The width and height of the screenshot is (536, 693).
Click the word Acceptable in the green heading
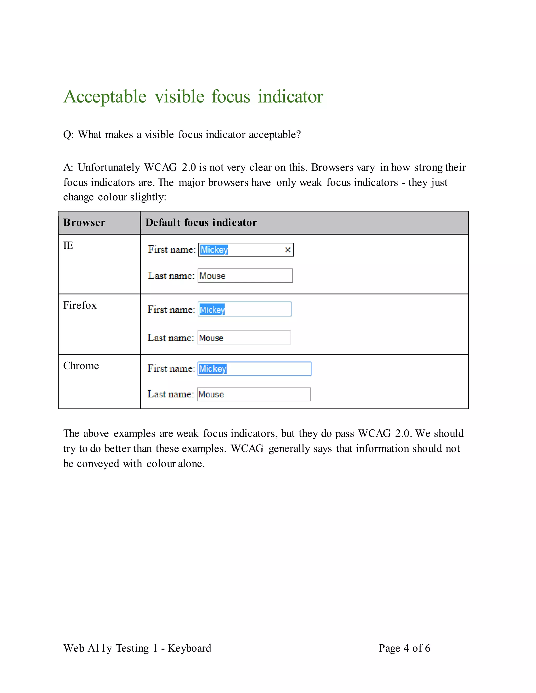105,96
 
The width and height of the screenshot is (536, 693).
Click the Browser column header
84,223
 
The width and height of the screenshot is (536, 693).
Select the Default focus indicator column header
201,223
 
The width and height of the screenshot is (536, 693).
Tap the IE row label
68,246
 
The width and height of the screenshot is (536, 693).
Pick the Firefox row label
80,305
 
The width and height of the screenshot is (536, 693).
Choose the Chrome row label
81,366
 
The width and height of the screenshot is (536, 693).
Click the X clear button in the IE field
288,250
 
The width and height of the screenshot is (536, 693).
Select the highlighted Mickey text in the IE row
214,250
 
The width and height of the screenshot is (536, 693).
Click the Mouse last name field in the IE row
245,276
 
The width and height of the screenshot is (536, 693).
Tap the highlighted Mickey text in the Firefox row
212,310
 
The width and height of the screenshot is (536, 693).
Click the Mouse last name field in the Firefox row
244,338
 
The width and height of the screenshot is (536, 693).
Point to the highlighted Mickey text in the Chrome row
213,369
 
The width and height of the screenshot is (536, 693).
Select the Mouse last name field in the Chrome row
253,394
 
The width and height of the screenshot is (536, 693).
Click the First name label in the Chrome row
171,369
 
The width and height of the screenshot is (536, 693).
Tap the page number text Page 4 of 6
404,648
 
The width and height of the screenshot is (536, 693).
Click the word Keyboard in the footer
189,648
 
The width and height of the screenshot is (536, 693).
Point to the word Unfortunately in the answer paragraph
109,167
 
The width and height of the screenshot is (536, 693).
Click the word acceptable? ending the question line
275,134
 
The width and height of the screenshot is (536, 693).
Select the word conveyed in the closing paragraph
98,464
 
